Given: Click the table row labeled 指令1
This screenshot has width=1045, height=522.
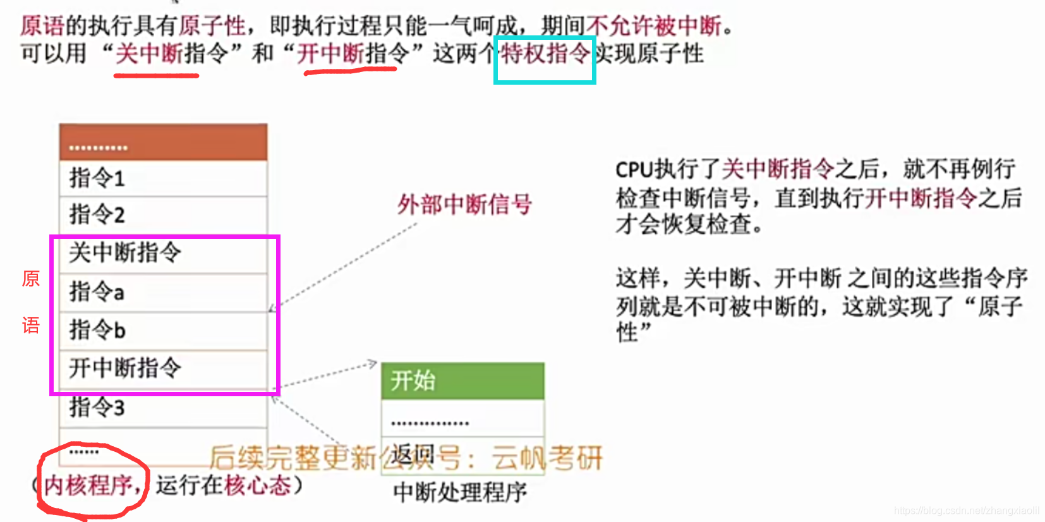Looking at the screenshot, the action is click(163, 178).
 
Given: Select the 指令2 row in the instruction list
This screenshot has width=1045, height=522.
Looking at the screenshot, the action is click(163, 215).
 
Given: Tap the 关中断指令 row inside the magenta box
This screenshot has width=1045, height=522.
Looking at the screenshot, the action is click(163, 253).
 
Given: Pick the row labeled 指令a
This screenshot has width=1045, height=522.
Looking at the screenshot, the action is click(163, 292).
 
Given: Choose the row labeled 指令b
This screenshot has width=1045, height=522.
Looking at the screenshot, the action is click(163, 330).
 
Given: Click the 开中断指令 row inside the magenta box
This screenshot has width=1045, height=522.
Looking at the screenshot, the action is click(163, 368).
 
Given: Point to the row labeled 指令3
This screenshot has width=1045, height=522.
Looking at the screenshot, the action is click(163, 408).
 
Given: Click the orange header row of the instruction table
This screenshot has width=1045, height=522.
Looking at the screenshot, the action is click(163, 142).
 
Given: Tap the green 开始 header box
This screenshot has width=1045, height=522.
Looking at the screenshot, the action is click(462, 380).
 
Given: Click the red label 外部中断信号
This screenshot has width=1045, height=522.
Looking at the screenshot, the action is click(464, 205).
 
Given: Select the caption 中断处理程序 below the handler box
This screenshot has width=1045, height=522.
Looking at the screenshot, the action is click(460, 492).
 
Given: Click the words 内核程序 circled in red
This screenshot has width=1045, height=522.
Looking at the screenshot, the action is click(88, 485).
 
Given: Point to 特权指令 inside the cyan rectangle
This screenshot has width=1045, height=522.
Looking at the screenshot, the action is click(545, 54).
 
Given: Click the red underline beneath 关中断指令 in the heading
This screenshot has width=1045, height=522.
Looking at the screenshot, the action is click(156, 75).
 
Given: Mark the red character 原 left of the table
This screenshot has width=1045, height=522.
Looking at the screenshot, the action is click(31, 279).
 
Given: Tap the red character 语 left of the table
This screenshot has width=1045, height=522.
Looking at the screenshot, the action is click(31, 325).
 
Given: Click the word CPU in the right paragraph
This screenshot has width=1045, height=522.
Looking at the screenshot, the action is click(634, 170).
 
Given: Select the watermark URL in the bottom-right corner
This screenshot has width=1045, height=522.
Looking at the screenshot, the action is click(967, 511).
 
